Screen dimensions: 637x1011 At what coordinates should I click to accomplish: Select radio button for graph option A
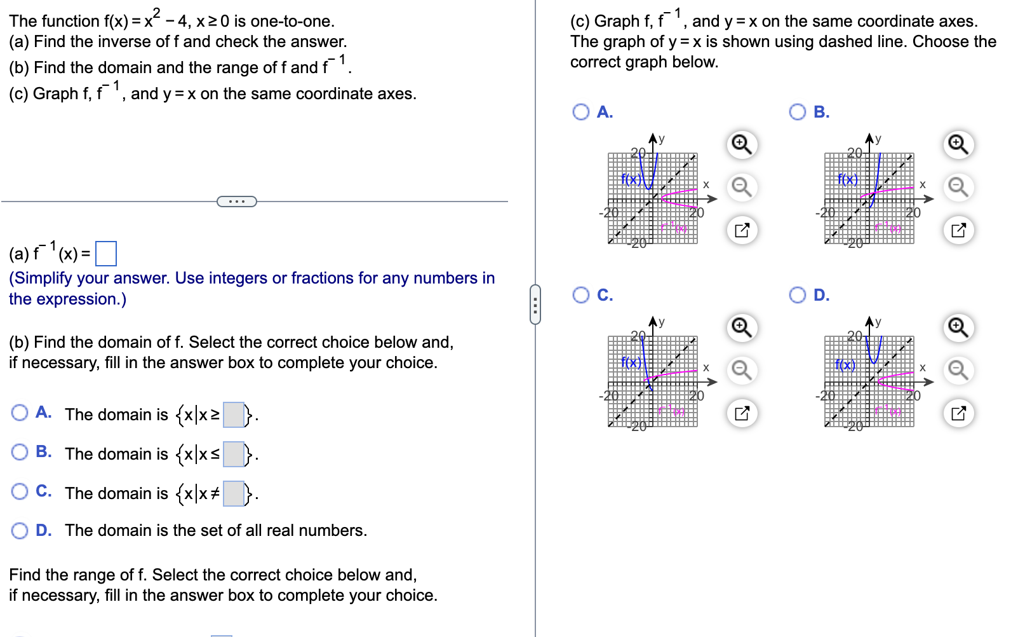click(580, 112)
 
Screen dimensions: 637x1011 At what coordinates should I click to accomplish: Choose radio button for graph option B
click(798, 112)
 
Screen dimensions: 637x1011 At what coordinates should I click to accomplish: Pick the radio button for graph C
click(580, 295)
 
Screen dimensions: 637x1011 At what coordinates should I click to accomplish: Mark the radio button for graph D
click(798, 295)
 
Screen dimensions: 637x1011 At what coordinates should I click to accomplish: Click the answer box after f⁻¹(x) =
click(106, 254)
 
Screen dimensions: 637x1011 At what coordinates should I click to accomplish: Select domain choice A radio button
click(20, 413)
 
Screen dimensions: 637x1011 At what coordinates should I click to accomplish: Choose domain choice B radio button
click(20, 452)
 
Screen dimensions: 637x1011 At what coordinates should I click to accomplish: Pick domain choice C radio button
click(20, 491)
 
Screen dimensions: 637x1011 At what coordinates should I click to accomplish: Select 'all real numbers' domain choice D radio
click(20, 531)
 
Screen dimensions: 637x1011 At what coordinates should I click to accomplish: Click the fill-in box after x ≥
click(234, 415)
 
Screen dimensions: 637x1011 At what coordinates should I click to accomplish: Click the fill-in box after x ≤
click(234, 455)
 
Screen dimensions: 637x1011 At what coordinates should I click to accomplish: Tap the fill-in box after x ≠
click(234, 494)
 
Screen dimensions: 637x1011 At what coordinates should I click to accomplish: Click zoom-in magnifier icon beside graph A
click(742, 144)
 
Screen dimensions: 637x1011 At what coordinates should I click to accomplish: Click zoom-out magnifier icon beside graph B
click(958, 187)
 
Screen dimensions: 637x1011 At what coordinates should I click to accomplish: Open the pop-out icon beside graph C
click(742, 413)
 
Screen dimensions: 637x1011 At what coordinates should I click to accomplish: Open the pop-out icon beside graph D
click(958, 413)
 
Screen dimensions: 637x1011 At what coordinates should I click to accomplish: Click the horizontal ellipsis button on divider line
click(237, 202)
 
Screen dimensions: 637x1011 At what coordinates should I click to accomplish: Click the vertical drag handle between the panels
click(535, 305)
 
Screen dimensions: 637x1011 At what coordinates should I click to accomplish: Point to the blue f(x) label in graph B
click(848, 179)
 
